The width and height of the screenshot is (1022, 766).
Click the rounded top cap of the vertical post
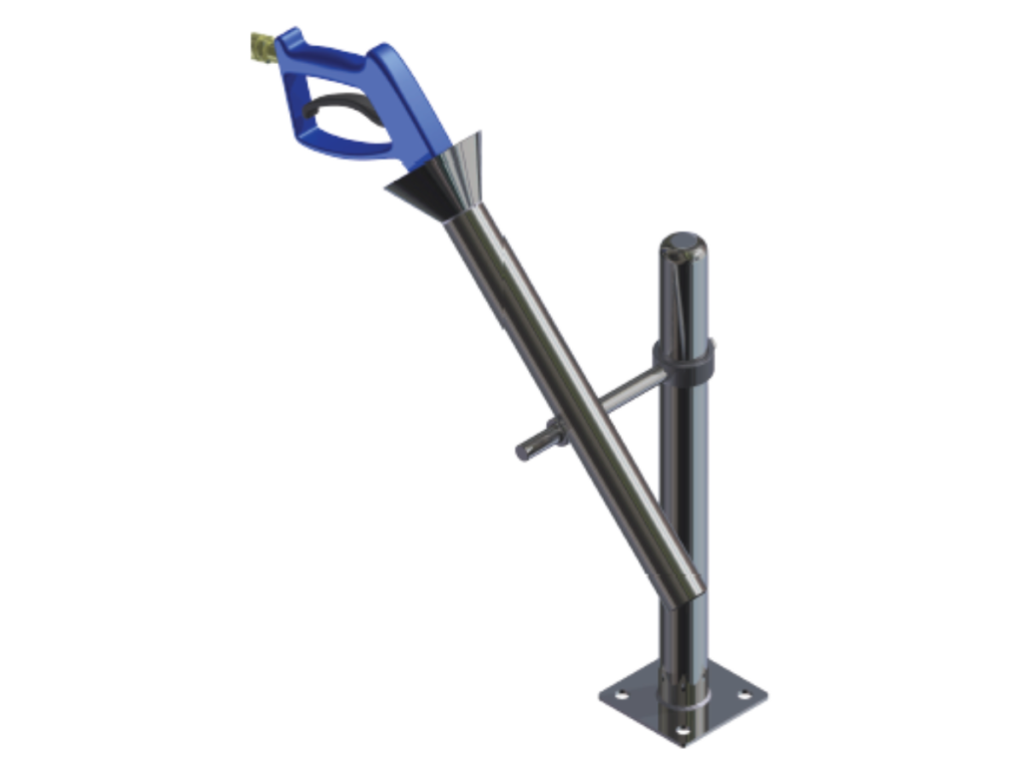(x=684, y=242)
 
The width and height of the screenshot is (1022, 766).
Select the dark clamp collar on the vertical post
(x=683, y=356)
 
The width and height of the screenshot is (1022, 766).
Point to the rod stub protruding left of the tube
(x=529, y=446)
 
